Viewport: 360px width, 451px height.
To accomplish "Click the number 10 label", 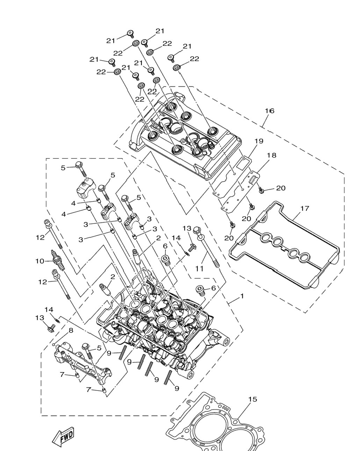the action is [x=40, y=261].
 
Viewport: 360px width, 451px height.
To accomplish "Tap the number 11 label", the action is [x=199, y=268].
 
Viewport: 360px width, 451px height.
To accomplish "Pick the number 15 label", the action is [x=253, y=399].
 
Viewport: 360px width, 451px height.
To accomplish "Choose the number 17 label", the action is [x=305, y=209].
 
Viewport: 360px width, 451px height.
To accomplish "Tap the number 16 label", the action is [x=270, y=111].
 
